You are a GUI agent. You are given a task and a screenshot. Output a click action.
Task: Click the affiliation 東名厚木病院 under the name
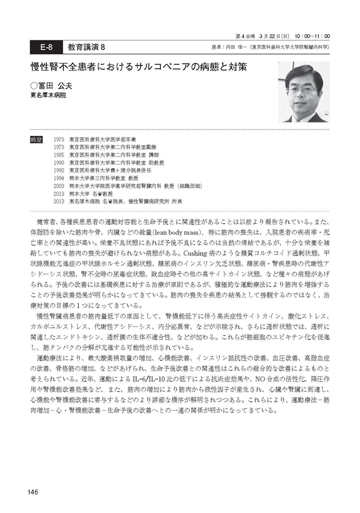coord(48,96)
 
